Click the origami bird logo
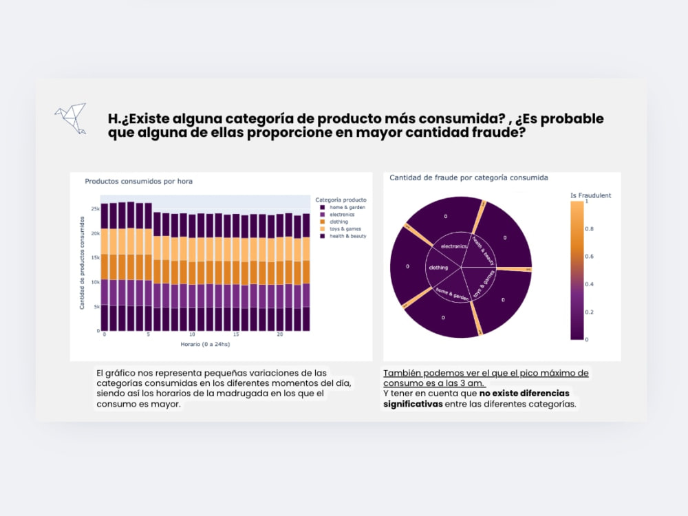70,118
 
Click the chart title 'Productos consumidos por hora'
138,182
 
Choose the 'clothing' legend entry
338,222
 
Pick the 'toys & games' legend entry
345,229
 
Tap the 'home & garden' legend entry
347,207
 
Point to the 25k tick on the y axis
96,208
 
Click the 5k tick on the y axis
97,306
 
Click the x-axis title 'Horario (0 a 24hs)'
205,343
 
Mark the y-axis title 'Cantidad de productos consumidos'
82,262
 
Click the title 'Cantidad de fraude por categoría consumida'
469,178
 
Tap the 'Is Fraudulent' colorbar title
590,195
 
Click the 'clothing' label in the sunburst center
438,268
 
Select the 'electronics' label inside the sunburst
454,246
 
